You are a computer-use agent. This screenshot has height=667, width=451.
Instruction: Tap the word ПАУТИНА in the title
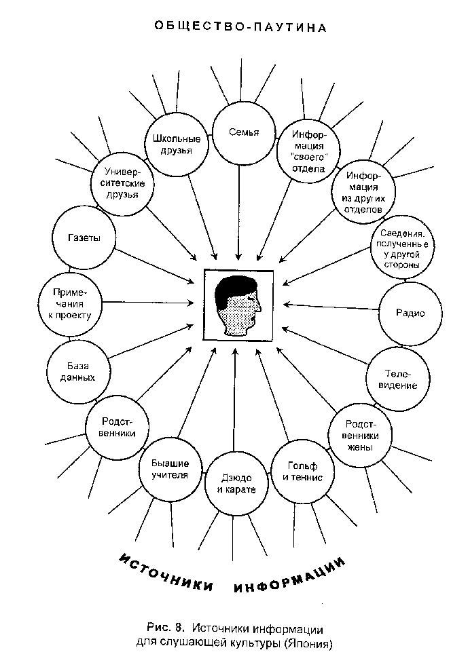(290, 28)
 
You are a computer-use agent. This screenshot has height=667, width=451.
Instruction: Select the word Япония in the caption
(309, 643)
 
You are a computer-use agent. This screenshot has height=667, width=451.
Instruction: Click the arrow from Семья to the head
(239, 212)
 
